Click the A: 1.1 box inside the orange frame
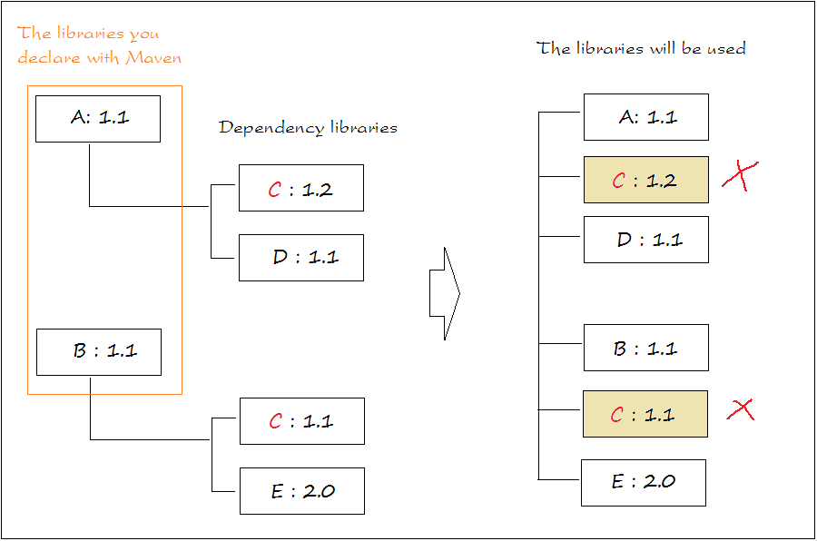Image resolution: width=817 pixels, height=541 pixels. click(98, 119)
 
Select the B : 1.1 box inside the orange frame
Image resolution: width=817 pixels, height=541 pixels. click(99, 352)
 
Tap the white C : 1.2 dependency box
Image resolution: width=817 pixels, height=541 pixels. click(301, 188)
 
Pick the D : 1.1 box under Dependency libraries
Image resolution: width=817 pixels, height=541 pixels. click(301, 258)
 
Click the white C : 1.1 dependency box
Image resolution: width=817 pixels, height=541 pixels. click(302, 421)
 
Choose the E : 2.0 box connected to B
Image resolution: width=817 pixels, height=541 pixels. click(302, 491)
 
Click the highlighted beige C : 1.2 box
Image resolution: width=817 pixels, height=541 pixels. click(646, 180)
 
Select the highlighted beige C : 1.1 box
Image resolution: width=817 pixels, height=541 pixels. click(645, 414)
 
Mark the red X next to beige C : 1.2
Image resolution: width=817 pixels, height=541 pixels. click(741, 175)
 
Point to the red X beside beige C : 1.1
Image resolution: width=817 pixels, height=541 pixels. click(741, 409)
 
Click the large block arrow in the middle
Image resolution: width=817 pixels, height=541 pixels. click(445, 293)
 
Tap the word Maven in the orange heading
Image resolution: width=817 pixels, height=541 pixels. click(153, 57)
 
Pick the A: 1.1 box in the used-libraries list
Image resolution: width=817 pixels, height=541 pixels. click(646, 117)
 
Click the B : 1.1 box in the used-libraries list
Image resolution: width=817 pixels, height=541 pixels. click(646, 348)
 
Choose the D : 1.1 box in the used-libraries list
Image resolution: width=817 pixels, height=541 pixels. click(646, 240)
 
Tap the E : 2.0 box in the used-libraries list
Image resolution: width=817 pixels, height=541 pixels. click(644, 483)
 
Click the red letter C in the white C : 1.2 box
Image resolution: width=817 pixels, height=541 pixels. click(275, 190)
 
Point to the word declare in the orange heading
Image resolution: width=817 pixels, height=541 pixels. click(48, 57)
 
